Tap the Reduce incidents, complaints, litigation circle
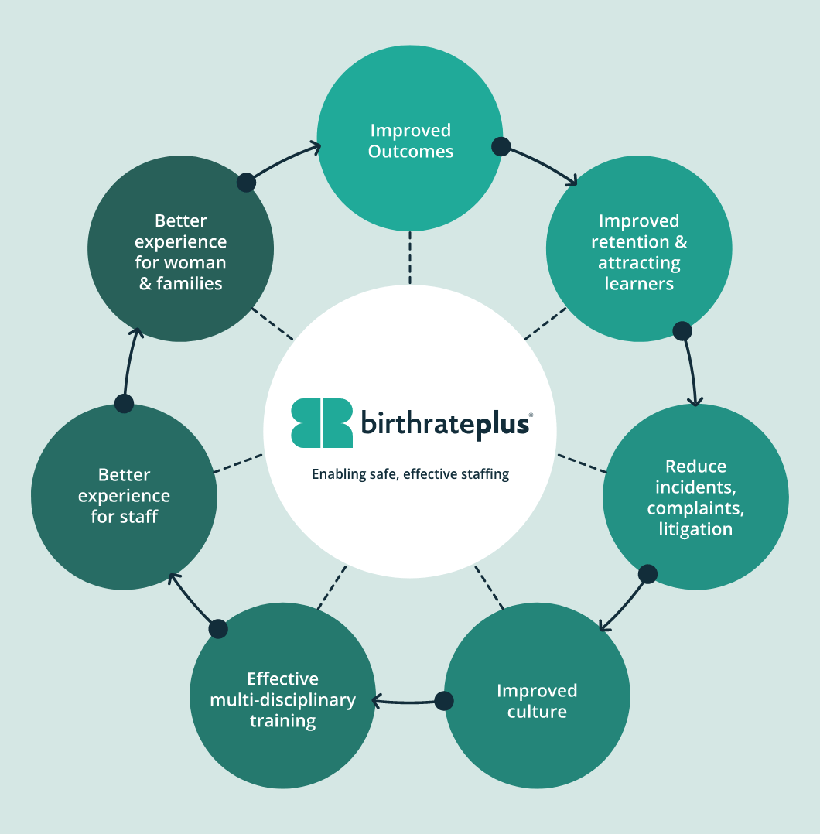click(x=695, y=497)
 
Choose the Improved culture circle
click(x=537, y=700)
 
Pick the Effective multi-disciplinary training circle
click(x=282, y=699)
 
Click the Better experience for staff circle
click(x=124, y=496)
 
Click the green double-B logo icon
click(x=321, y=423)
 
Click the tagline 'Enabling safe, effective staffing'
click(x=410, y=474)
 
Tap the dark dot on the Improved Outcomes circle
click(x=501, y=145)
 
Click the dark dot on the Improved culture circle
click(x=444, y=701)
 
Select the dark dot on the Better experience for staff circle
click(x=124, y=403)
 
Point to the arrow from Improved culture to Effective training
click(x=406, y=702)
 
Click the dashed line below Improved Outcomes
click(x=410, y=258)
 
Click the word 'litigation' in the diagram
click(x=695, y=529)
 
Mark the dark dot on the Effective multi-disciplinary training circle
click(x=218, y=628)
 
